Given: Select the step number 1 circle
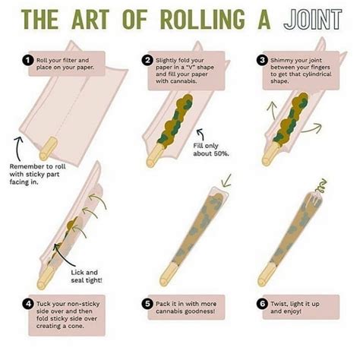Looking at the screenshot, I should point(28,60).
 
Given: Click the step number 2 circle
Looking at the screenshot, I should point(147,60).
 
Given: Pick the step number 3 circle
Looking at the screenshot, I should point(262,60).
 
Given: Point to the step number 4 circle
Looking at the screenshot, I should point(28,303).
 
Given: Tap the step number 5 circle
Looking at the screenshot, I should point(147,303).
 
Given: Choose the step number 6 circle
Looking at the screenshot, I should point(262,303).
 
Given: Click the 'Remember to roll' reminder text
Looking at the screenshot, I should point(42,172).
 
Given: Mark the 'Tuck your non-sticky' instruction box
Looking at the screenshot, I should point(65,313).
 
